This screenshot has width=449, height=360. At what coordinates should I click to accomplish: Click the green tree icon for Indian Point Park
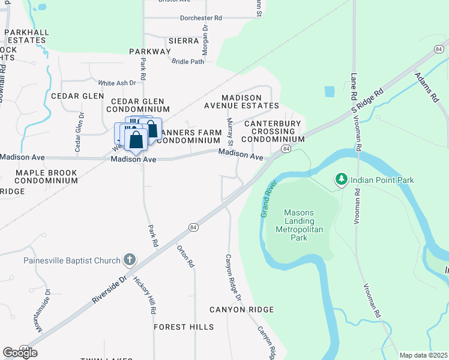pyautogui.click(x=342, y=179)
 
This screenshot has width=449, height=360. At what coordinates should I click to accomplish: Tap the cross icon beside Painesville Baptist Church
pyautogui.click(x=128, y=260)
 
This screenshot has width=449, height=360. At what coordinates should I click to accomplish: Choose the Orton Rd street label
pyautogui.click(x=185, y=256)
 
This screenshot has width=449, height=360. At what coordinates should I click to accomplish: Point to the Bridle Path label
pyautogui.click(x=188, y=61)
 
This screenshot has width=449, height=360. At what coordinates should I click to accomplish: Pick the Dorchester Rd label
pyautogui.click(x=200, y=18)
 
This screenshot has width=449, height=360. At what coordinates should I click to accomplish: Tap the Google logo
pyautogui.click(x=19, y=353)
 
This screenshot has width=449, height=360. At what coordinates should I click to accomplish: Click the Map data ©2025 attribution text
pyautogui.click(x=423, y=355)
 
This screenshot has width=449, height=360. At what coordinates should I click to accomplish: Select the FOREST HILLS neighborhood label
pyautogui.click(x=184, y=327)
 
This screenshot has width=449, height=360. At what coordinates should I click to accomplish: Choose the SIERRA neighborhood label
pyautogui.click(x=184, y=41)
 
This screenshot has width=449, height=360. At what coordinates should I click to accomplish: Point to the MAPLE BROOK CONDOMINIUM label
pyautogui.click(x=46, y=176)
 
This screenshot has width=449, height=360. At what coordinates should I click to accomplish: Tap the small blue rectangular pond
pyautogui.click(x=330, y=92)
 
